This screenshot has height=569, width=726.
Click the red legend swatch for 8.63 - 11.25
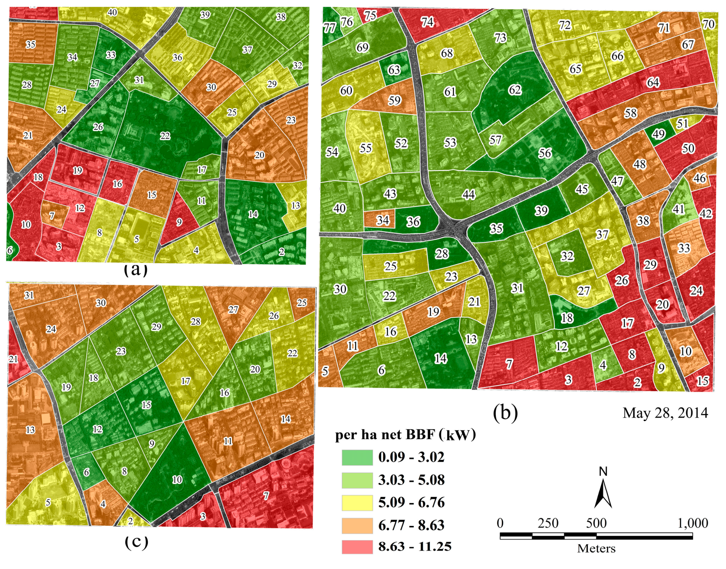pos(357,547)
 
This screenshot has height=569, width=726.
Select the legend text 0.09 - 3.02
pos(411,457)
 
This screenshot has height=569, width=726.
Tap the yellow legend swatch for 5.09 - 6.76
pos(357,502)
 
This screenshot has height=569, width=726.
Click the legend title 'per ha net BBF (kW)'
pos(405,435)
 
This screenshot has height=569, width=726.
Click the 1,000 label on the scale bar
pos(693,523)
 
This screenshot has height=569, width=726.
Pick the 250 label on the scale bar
pos(548,523)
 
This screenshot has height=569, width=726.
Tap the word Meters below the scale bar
pos(596,549)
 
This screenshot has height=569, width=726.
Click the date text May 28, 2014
pos(665,413)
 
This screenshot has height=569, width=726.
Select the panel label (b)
pos(505,412)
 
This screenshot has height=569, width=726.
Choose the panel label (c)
pos(136,542)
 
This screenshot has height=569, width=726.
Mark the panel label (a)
pos(135,270)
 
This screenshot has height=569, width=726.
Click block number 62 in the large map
pos(515,90)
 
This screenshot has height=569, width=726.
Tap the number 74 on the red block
pos(427,22)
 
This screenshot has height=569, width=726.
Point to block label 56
pos(545,153)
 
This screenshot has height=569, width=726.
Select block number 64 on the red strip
pos(653,83)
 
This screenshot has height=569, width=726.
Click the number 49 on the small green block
pos(658,134)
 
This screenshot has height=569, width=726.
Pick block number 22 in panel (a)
pos(165,136)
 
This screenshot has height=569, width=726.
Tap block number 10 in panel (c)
pos(177,480)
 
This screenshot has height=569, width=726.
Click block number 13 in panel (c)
pos(30,430)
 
